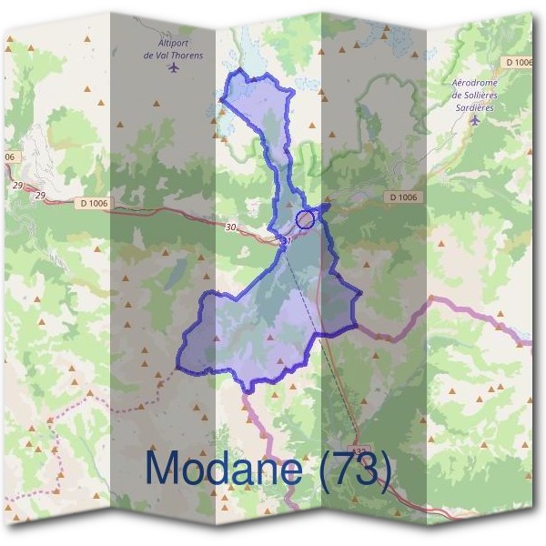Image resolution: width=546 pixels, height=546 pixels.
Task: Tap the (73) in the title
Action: (351, 470)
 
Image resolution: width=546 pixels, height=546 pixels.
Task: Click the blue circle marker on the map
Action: (306, 218)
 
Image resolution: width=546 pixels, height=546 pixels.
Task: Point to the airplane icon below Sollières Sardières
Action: (474, 117)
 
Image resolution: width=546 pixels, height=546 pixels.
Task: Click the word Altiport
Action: (173, 43)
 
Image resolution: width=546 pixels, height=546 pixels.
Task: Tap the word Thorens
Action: (187, 55)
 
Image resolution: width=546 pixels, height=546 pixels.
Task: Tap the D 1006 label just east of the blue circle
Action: (401, 197)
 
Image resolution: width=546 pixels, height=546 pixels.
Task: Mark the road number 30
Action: (231, 227)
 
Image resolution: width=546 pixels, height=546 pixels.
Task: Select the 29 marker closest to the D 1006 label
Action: (40, 196)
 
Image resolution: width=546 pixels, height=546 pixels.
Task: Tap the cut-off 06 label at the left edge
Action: (10, 157)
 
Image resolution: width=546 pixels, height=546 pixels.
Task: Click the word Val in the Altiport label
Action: (166, 55)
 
